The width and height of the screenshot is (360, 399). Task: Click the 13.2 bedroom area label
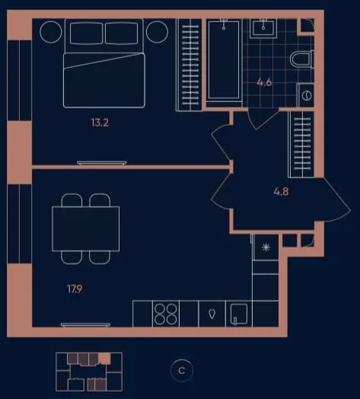[x=100, y=123]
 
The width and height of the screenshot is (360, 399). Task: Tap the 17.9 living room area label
[x=75, y=289]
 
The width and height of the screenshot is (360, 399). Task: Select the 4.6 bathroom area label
[x=264, y=82]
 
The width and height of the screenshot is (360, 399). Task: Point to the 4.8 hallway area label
[x=281, y=191]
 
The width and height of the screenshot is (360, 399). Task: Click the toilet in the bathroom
[x=301, y=59]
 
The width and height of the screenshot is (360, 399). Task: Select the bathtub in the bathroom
[x=224, y=60]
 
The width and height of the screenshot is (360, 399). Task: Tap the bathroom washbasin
[x=263, y=28]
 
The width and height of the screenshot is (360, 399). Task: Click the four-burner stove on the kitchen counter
[x=166, y=314]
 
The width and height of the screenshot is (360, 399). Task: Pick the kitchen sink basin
[x=238, y=314]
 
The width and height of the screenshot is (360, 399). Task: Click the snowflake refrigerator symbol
[x=266, y=247]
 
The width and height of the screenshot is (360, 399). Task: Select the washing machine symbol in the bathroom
[x=306, y=96]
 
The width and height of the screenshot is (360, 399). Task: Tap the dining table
[x=86, y=228]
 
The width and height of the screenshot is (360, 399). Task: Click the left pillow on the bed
[x=86, y=34]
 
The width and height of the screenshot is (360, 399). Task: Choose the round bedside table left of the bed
[x=51, y=32]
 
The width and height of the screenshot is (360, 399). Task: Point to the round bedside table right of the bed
[x=158, y=32]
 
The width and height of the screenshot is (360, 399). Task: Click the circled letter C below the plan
[x=182, y=371]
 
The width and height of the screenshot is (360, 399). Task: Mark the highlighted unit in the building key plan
[x=104, y=359]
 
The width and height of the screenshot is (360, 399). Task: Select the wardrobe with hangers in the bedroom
[x=190, y=65]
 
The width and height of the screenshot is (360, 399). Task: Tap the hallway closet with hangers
[x=301, y=145]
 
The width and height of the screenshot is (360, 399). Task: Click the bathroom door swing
[x=263, y=119]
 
